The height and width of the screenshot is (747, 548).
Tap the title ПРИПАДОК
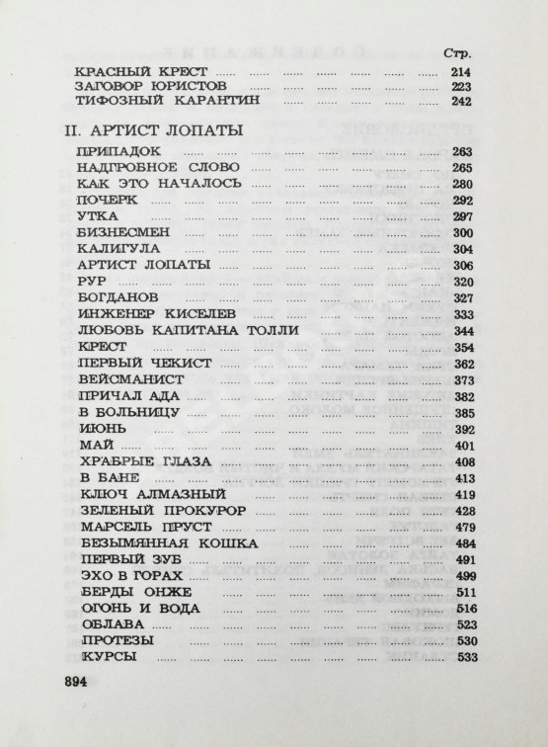[111, 150]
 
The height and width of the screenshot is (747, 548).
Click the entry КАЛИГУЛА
[113, 250]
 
